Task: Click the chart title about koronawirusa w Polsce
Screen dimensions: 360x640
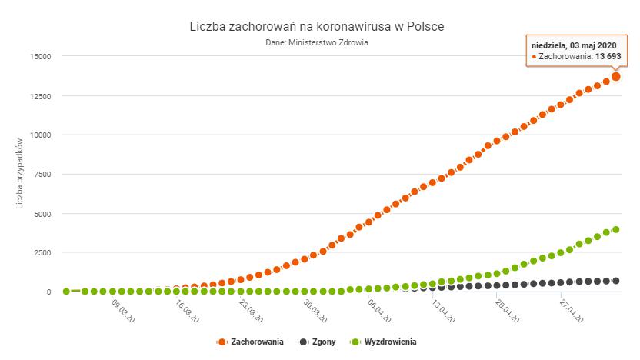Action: (316, 27)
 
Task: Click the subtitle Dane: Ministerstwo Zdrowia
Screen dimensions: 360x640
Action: (316, 43)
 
